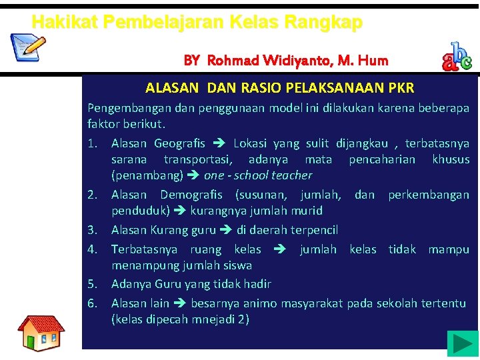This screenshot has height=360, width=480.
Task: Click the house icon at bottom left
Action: [41, 333]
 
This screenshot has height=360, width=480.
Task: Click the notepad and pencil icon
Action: [28, 47]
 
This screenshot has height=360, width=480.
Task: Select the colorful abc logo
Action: [457, 57]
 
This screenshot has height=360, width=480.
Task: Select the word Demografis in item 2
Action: [194, 195]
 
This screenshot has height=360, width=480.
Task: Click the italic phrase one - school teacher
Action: [258, 175]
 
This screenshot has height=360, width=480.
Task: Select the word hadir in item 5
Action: [257, 284]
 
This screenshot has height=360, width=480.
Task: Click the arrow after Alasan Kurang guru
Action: [226, 230]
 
